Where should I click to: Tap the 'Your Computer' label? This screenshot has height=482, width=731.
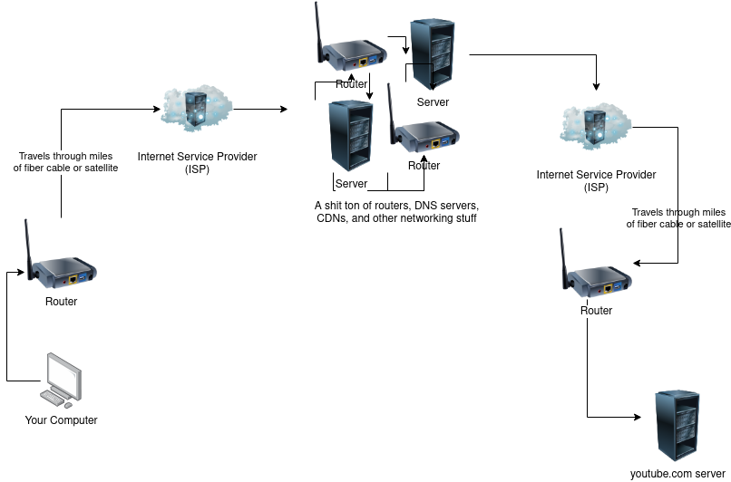(x=61, y=420)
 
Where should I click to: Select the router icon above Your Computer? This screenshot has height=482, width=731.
(x=63, y=268)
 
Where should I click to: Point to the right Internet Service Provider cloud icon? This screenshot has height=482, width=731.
(x=596, y=124)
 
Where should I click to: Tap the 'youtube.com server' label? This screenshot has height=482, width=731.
(x=678, y=474)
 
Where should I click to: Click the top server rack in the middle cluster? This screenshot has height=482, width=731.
(x=431, y=53)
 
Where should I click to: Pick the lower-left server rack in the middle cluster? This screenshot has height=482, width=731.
(x=350, y=136)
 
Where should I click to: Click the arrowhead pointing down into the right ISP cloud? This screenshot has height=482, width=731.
(x=596, y=88)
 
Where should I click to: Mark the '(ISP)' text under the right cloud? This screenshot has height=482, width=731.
(x=596, y=188)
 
